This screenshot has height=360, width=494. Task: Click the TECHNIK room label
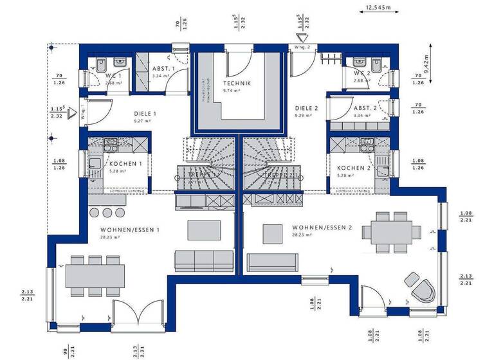click(x=237, y=84)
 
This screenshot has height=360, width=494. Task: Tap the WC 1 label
click(x=113, y=75)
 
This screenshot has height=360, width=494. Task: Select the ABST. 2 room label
click(x=365, y=108)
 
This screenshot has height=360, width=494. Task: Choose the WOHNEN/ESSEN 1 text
click(x=131, y=230)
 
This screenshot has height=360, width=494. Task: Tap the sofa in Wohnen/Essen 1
click(x=203, y=261)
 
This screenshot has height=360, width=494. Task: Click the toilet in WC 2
click(x=376, y=63)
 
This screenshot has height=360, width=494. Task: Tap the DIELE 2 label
click(x=307, y=108)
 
